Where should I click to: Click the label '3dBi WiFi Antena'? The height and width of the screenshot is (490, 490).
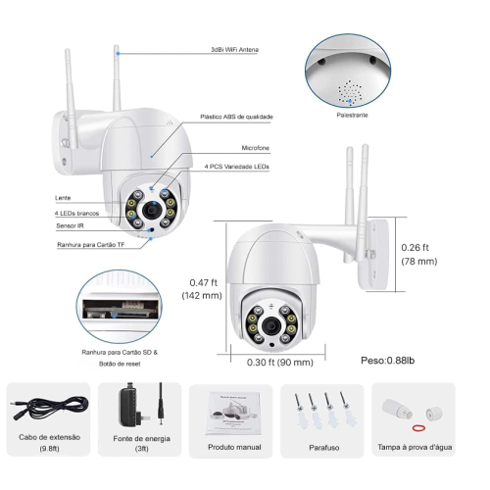[x=234, y=50]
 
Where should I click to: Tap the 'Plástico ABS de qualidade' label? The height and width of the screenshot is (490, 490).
[x=236, y=117]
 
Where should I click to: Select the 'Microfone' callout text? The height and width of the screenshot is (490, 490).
[x=256, y=148]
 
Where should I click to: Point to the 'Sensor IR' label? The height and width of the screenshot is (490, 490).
[x=70, y=225]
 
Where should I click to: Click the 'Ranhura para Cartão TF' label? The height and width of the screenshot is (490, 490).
[x=91, y=245]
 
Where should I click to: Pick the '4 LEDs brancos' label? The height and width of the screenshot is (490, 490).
[x=76, y=214]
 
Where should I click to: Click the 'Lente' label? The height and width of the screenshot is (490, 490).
[x=63, y=198]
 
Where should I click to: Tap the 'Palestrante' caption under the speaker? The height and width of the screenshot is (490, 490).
[x=352, y=115]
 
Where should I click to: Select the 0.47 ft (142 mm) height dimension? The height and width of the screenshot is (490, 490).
[x=202, y=289]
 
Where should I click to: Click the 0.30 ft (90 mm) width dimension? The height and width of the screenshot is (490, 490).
[x=280, y=363]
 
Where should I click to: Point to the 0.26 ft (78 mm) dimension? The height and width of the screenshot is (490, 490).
[x=419, y=254]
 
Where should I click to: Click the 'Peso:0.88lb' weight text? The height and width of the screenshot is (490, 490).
[x=388, y=361]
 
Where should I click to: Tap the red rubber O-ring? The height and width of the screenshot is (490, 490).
[x=418, y=427]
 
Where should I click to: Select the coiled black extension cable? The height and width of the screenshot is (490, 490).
[x=51, y=408]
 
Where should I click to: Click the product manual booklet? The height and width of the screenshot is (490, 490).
[x=234, y=414]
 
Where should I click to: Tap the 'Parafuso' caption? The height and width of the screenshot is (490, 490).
[x=324, y=447]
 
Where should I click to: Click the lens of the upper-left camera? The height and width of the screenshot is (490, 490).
[x=151, y=211]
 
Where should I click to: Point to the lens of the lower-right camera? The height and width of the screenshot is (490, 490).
[x=271, y=325]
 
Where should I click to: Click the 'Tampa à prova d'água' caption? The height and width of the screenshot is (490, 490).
[x=415, y=447]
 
